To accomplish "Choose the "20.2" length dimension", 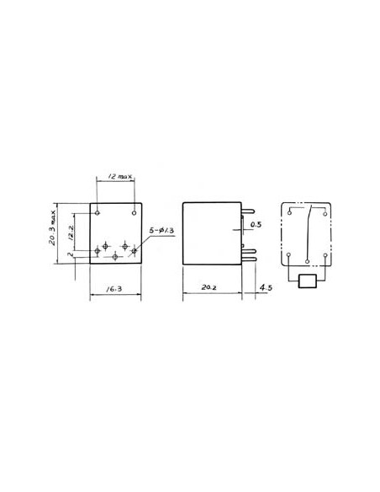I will pyautogui.click(x=210, y=289).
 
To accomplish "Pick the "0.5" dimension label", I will pyautogui.click(x=256, y=224).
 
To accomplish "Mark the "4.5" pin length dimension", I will pyautogui.click(x=267, y=289).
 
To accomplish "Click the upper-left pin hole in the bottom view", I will pyautogui.click(x=98, y=210).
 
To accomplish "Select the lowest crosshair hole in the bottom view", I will pyautogui.click(x=116, y=254).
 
